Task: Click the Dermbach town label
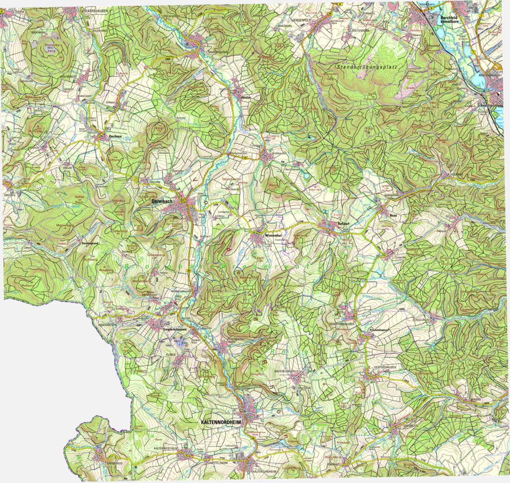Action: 162,202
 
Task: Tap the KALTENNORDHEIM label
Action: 221,423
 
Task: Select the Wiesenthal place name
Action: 273,235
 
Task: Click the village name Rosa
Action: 394,216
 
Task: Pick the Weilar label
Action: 246,97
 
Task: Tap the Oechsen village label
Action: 115,136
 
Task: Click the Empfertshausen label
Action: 175,329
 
